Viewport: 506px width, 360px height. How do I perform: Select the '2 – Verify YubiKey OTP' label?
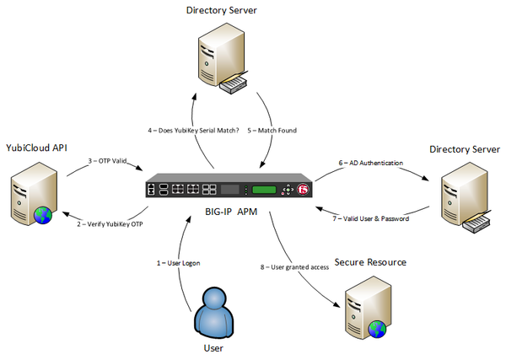tap(110, 223)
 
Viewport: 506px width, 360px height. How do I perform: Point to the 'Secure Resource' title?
tap(370, 262)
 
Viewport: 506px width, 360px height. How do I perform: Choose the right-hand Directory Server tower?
tap(456, 194)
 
